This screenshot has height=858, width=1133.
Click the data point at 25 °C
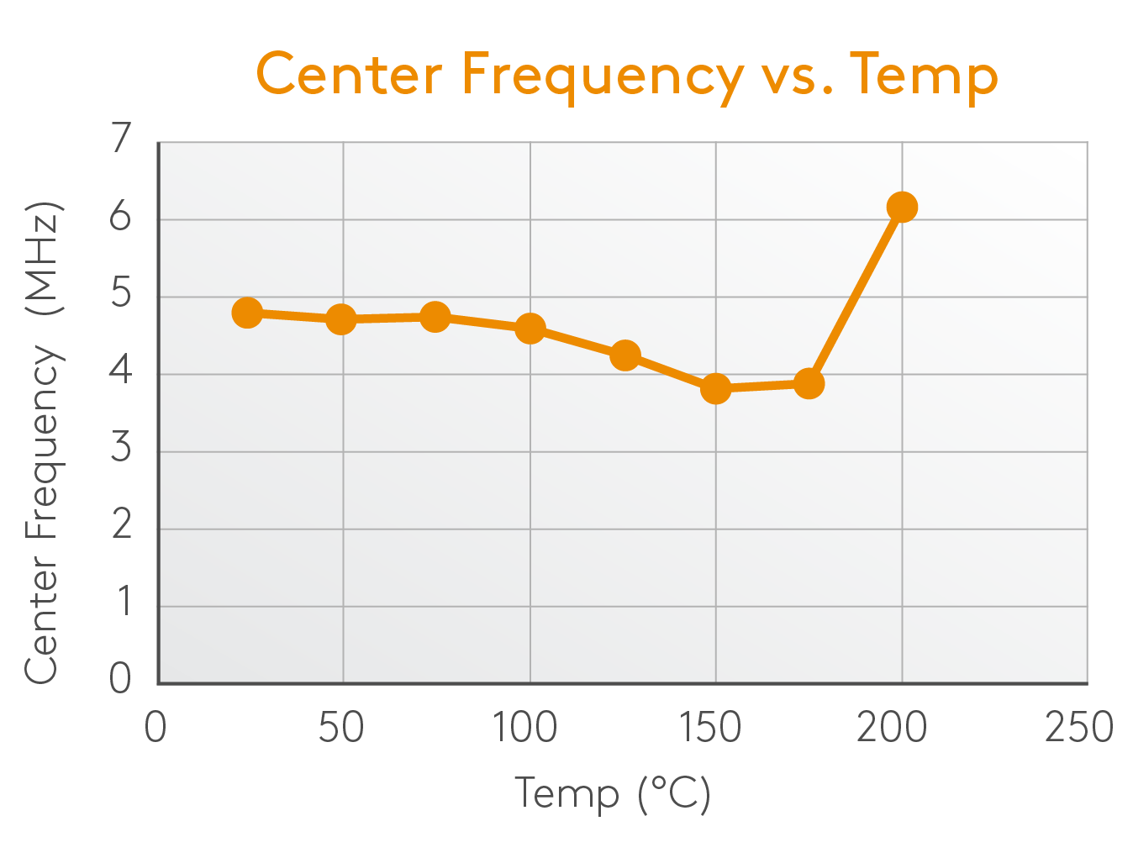click(x=247, y=313)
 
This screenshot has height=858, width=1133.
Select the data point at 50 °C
click(x=340, y=319)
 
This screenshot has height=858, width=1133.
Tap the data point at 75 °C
click(x=435, y=317)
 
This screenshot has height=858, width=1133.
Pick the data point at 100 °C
click(x=530, y=329)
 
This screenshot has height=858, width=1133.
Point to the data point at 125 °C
click(x=624, y=355)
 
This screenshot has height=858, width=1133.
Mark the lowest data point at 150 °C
click(x=715, y=388)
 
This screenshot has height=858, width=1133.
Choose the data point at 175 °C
click(x=809, y=383)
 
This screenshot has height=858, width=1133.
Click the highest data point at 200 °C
click(x=902, y=207)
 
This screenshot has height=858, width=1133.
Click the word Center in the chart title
click(x=349, y=74)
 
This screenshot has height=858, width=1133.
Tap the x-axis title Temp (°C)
click(x=613, y=793)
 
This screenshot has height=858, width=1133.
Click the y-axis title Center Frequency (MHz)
click(x=42, y=443)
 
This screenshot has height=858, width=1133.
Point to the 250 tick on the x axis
click(x=1078, y=727)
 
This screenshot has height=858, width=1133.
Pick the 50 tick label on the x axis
click(x=340, y=727)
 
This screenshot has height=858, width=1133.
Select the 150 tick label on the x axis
click(x=710, y=727)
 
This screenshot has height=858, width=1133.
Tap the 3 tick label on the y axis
click(x=122, y=447)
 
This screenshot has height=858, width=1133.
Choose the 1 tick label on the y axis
click(x=124, y=602)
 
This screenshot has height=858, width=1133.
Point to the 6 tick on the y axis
click(x=122, y=217)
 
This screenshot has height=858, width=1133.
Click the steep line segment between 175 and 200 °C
click(x=856, y=294)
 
